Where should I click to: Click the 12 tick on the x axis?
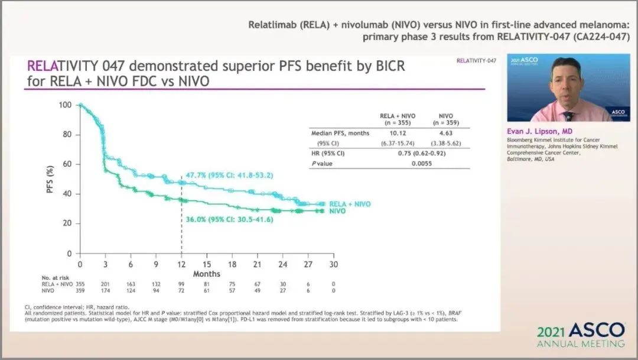pyautogui.click(x=181, y=264)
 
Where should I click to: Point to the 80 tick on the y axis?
pyautogui.click(x=67, y=134)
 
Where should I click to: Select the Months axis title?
pyautogui.click(x=206, y=274)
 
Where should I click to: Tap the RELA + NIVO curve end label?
pyautogui.click(x=350, y=204)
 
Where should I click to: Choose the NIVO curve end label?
pyautogui.click(x=337, y=211)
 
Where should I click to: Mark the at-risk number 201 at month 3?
pyautogui.click(x=105, y=284)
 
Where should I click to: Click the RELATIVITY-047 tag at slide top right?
pyautogui.click(x=476, y=61)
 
